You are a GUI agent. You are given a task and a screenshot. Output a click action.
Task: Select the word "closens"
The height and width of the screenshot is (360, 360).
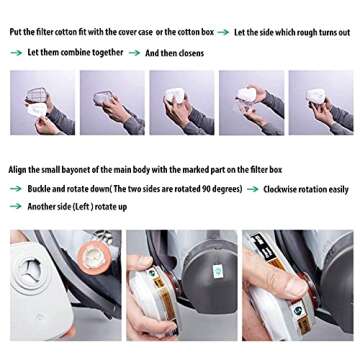[x=191, y=53]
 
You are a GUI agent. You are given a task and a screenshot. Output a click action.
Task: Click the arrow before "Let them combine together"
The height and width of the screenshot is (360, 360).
[x=16, y=53]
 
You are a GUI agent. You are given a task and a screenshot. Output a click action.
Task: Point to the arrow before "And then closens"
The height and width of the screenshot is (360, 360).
[x=134, y=53]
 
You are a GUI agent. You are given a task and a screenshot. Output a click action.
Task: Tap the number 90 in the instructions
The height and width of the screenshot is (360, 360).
[x=206, y=189]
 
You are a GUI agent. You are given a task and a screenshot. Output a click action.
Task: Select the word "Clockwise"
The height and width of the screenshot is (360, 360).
[x=279, y=189]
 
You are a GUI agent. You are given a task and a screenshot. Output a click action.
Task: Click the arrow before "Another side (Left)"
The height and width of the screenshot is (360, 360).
[x=16, y=206]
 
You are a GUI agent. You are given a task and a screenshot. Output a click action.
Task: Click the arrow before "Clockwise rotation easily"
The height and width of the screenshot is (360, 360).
[x=253, y=189]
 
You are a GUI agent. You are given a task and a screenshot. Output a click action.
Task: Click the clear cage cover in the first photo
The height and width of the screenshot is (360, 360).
[x=35, y=95]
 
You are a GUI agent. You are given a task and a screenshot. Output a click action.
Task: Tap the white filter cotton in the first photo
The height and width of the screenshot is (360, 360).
[x=37, y=110]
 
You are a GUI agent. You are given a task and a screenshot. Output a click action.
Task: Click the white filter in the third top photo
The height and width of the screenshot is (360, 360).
[x=175, y=95]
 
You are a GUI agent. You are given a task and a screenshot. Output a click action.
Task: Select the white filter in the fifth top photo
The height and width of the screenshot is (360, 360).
[x=315, y=96]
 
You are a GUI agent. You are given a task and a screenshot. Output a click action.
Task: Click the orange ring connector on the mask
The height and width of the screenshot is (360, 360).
[x=94, y=257]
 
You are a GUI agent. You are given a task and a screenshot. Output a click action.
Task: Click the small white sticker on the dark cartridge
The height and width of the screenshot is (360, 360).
[x=218, y=271]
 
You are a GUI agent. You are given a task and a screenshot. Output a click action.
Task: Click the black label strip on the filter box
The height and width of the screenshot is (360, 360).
[x=263, y=247]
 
